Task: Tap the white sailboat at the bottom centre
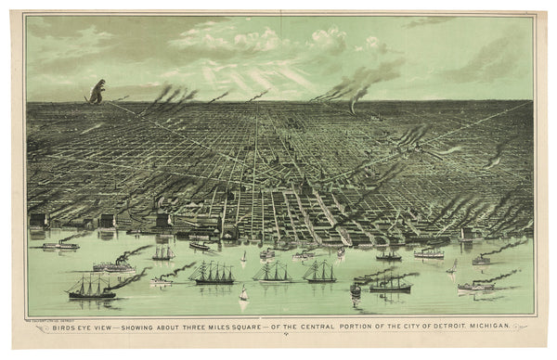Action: [x=244, y=295]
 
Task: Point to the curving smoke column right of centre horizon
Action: [x=358, y=88]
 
